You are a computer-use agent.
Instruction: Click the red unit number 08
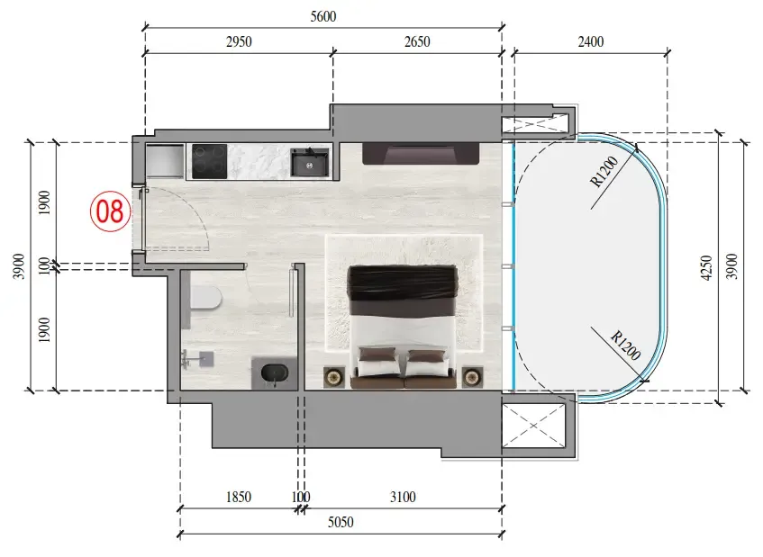coord(110,211)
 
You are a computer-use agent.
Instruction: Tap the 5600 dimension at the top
coord(323,16)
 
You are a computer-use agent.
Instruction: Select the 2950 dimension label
coord(239,41)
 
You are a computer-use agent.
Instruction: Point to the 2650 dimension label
coord(417,41)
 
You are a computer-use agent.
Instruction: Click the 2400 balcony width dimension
coord(591,41)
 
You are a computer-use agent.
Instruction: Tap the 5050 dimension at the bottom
coord(341,522)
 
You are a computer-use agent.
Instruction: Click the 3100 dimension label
coord(403,497)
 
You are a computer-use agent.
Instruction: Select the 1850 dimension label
coord(239,497)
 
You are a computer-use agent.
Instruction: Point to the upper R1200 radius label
coord(604,172)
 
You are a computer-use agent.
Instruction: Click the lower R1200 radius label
coord(626,345)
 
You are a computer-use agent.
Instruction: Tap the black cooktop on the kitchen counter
coord(209,161)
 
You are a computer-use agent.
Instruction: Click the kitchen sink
coord(310,162)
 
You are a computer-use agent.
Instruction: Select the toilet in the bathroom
coord(205,297)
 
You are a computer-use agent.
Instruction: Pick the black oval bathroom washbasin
coord(275,373)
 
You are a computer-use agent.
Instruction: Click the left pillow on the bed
coord(377,355)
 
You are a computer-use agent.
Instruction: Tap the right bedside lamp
coord(472,377)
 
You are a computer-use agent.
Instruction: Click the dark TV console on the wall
coord(421,154)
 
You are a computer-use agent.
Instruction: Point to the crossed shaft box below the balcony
coord(534,426)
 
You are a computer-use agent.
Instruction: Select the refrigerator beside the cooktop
coord(165,161)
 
